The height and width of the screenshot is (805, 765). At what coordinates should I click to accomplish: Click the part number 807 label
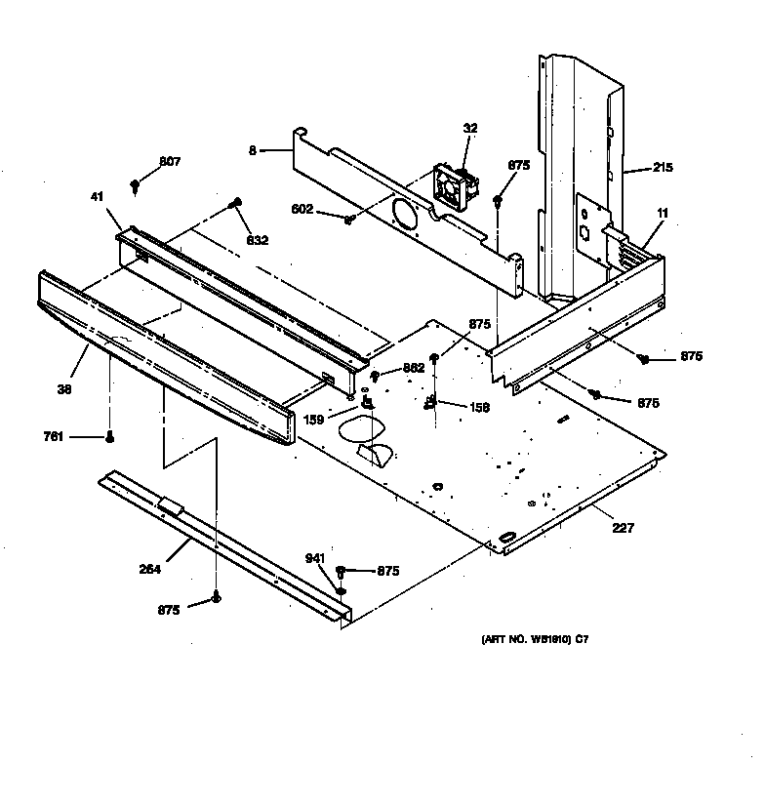[x=171, y=161]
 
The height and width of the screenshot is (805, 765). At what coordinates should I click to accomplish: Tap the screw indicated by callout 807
[x=136, y=183]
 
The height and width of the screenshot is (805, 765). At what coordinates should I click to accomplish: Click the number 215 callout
[x=663, y=168]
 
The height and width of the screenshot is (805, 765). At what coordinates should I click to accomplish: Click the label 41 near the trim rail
[x=98, y=197]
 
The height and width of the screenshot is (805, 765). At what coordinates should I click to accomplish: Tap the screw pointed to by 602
[x=348, y=220]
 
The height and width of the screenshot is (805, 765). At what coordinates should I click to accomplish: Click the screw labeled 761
[x=110, y=436]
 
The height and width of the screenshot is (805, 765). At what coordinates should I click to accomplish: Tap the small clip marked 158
[x=430, y=403]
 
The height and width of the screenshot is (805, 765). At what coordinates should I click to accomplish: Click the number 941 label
[x=314, y=558]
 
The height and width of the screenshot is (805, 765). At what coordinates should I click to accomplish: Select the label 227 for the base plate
[x=623, y=528]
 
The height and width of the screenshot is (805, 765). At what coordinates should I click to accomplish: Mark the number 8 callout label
[x=252, y=150]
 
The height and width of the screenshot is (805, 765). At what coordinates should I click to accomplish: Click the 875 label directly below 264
[x=169, y=610]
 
